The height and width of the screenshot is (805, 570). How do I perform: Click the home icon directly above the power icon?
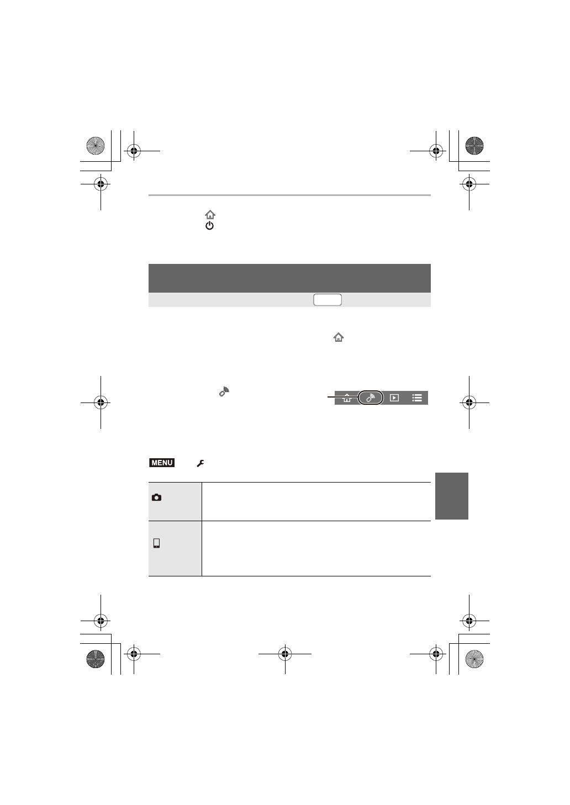(x=210, y=215)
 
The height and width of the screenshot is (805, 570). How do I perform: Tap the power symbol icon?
(x=209, y=226)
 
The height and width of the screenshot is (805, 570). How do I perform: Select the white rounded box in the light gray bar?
(x=328, y=300)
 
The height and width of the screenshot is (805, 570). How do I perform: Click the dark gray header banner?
(x=289, y=278)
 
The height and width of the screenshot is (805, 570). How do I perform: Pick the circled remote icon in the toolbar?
(x=371, y=398)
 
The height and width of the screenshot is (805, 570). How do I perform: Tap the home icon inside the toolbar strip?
(x=347, y=398)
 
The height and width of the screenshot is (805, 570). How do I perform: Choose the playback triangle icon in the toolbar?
(x=394, y=398)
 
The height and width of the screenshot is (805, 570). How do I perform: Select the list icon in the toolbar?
(x=417, y=398)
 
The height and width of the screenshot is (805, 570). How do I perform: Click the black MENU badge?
(x=162, y=463)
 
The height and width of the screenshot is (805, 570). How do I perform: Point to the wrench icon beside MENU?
(x=200, y=464)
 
